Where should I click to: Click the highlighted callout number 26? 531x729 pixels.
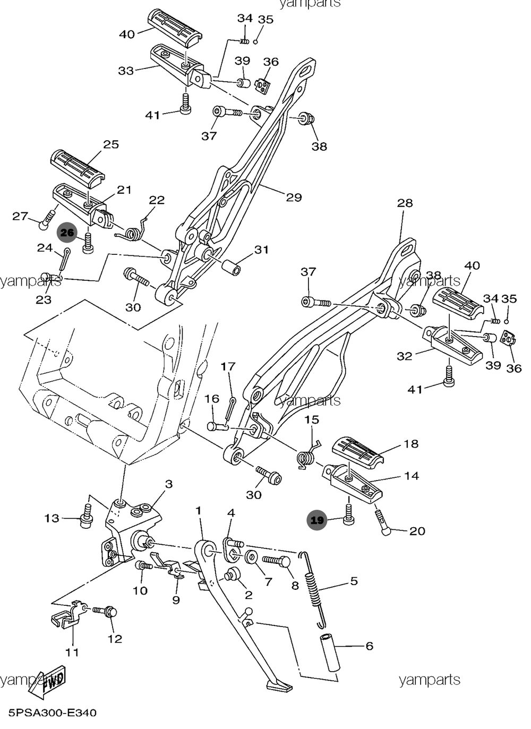[67, 233]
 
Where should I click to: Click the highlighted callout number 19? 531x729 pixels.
[317, 520]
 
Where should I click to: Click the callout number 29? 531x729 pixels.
[294, 198]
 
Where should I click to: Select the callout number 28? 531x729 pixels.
[405, 203]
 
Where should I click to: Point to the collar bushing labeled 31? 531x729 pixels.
[230, 267]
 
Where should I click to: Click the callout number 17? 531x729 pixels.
[228, 366]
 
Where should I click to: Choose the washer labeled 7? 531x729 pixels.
[251, 558]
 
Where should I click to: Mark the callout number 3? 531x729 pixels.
[169, 484]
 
